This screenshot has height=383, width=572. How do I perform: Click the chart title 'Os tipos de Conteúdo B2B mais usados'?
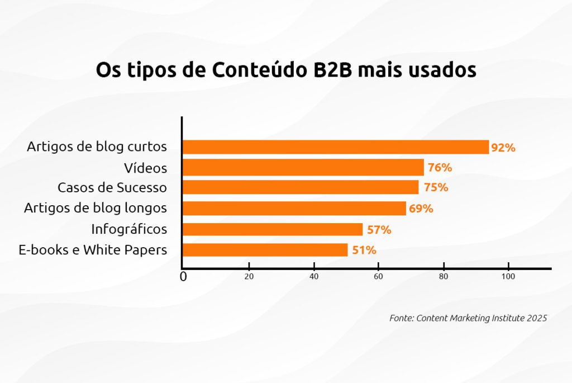pyautogui.click(x=285, y=71)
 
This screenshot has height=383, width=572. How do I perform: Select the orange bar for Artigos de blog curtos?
pyautogui.click(x=335, y=147)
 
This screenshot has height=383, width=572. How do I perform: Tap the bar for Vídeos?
pyautogui.click(x=303, y=167)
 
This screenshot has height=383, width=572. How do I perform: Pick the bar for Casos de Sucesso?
pyautogui.click(x=300, y=187)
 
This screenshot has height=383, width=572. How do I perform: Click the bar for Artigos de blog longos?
pyautogui.click(x=294, y=209)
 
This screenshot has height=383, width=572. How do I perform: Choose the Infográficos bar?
pyautogui.click(x=272, y=229)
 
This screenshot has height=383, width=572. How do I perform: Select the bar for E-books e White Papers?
pyautogui.click(x=265, y=250)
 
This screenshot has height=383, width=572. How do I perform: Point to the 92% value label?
pyautogui.click(x=503, y=148)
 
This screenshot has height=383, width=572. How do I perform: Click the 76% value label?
pyautogui.click(x=440, y=168)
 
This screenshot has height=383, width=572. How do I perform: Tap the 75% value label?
pyautogui.click(x=435, y=188)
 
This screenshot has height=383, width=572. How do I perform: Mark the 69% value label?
pyautogui.click(x=421, y=209)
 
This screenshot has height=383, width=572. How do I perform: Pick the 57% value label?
pyautogui.click(x=379, y=230)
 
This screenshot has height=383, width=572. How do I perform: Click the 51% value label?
pyautogui.click(x=364, y=250)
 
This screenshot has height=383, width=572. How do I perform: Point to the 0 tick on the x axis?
pyautogui.click(x=183, y=277)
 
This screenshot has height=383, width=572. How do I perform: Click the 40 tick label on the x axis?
pyautogui.click(x=314, y=276)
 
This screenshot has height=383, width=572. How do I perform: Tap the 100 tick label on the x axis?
pyautogui.click(x=508, y=276)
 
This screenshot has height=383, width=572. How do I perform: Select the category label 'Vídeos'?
pyautogui.click(x=145, y=168)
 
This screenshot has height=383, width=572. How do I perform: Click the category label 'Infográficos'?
pyautogui.click(x=129, y=229)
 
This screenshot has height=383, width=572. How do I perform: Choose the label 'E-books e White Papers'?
pyautogui.click(x=93, y=250)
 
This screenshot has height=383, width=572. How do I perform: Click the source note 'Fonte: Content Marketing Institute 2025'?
pyautogui.click(x=468, y=318)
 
